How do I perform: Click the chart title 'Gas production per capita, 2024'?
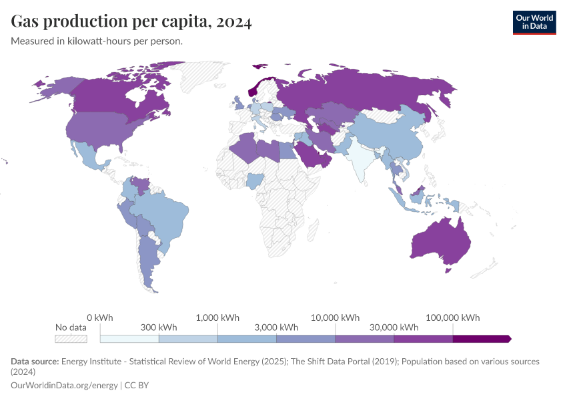tap(131, 22)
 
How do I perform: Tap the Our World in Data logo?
tap(534, 22)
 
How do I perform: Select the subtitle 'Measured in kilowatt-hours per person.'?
tap(97, 41)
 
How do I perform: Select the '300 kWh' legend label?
tap(159, 327)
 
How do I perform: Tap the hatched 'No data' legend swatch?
tap(71, 339)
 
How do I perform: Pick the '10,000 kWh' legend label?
tap(336, 317)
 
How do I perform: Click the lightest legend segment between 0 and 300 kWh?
tap(129, 339)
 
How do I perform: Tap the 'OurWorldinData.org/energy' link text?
tap(64, 385)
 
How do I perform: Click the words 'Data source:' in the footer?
tap(34, 362)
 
